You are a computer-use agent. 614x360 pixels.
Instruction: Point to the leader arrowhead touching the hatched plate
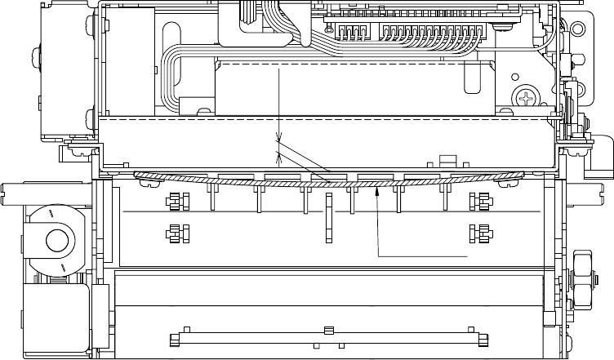click(x=376, y=191)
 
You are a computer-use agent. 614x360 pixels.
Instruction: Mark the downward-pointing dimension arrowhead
click(x=278, y=137)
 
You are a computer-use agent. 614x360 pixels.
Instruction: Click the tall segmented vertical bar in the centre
click(x=328, y=219)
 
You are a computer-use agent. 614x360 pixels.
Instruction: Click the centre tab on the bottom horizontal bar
click(x=328, y=331)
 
